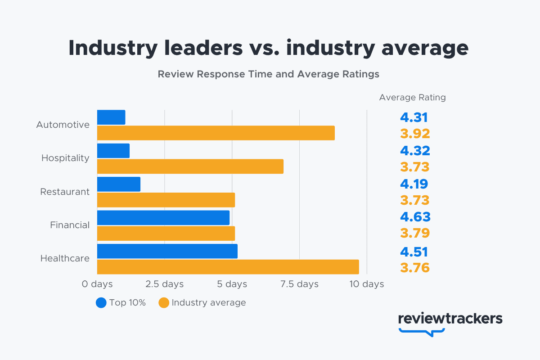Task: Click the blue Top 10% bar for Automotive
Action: (111, 117)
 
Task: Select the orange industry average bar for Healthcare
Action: (228, 267)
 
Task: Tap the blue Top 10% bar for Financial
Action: (163, 217)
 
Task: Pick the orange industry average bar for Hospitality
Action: (190, 166)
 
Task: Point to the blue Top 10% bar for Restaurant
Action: (119, 184)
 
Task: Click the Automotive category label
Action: (63, 125)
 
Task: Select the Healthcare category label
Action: (65, 258)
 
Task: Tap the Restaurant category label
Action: (65, 192)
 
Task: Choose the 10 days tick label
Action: (367, 284)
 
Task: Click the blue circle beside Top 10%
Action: (101, 303)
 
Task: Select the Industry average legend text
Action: (209, 303)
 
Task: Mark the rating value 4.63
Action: (415, 217)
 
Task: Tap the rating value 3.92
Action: (415, 134)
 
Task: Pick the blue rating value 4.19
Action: (414, 184)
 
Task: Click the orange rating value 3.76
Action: (415, 268)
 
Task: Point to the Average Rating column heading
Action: (412, 97)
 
